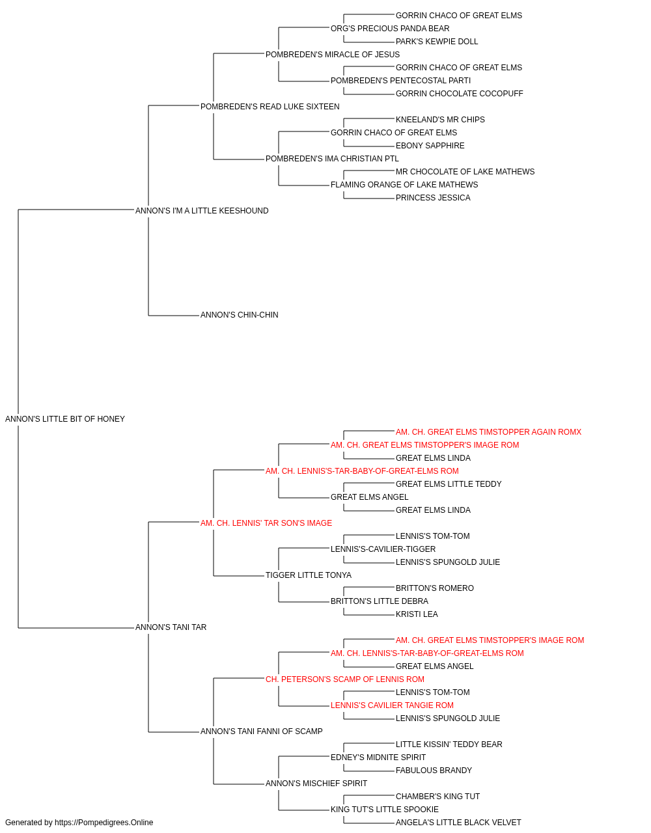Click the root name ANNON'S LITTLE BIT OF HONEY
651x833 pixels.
65,419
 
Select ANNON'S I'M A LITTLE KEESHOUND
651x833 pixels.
202,211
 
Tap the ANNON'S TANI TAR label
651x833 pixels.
171,627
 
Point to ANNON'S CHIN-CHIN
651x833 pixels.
239,315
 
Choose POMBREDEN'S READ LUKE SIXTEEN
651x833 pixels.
270,107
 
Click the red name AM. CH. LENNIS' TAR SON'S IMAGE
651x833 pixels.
266,523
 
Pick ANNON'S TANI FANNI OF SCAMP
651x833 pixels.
262,731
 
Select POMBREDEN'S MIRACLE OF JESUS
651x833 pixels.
333,55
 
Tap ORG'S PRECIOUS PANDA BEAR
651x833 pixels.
390,29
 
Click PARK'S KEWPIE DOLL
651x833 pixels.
437,42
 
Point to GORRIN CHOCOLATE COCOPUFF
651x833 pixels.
460,94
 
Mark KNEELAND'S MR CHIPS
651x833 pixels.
440,120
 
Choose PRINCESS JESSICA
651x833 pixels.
433,198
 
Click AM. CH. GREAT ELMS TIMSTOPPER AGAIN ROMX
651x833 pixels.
488,432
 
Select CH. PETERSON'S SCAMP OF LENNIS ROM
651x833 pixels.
344,679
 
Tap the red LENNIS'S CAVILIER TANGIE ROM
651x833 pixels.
392,705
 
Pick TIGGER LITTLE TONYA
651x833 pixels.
308,575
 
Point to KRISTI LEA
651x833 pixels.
417,614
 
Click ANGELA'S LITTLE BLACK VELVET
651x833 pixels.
458,823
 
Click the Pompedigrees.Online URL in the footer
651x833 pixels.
104,823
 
